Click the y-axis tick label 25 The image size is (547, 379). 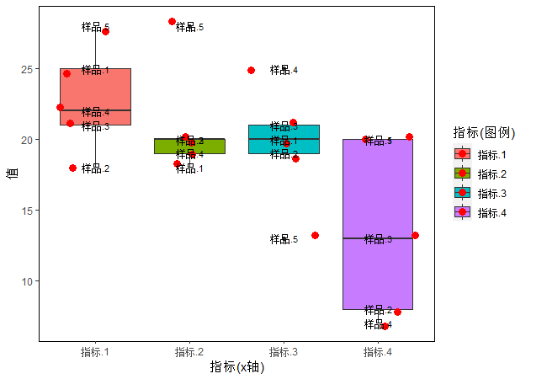tap(27, 68)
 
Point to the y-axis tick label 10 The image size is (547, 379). tap(27, 280)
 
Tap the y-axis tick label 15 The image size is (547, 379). tap(27, 210)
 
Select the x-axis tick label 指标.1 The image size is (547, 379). tap(95, 351)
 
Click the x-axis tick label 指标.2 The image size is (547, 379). tap(189, 351)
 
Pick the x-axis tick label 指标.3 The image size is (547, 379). tap(284, 351)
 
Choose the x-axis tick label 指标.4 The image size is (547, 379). tap(378, 351)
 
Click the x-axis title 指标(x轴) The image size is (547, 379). tap(237, 366)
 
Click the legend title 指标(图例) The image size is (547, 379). tap(484, 132)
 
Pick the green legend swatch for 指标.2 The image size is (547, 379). tap(463, 173)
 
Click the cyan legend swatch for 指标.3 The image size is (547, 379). tap(463, 193)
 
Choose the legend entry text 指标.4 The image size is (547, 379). tap(491, 212)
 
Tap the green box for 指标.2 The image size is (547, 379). tap(189, 147)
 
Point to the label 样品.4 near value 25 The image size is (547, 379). tap(284, 70)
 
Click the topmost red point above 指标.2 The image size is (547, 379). tap(173, 22)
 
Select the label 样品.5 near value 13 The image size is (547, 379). tap(284, 239)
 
